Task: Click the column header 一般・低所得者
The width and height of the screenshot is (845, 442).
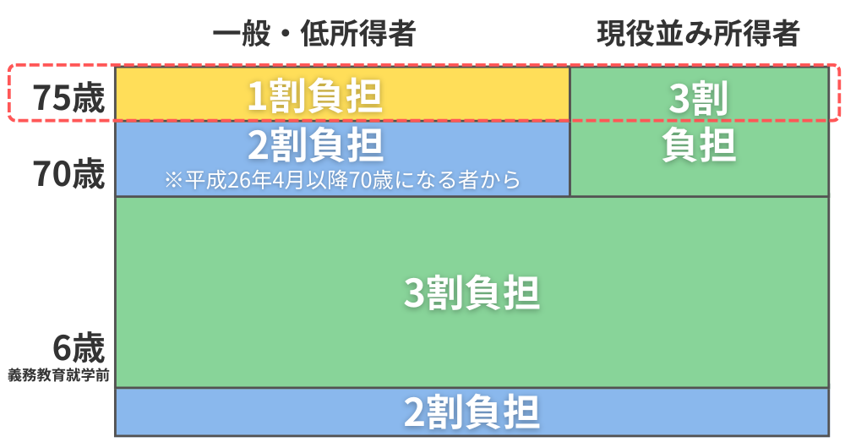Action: coord(314,34)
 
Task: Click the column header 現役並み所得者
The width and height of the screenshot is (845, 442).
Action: coord(699,34)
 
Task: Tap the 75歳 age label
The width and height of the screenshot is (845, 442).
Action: coord(68,98)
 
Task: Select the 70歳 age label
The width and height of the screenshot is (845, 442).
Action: coord(68,173)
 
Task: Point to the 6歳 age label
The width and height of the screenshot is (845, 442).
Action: coord(79,348)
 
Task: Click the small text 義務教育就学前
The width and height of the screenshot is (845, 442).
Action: coord(59,375)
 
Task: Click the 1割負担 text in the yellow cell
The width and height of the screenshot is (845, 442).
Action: coord(315,96)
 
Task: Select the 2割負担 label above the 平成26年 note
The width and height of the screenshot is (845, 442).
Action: coord(315,145)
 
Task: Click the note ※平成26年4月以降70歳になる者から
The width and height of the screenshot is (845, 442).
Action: coord(343,180)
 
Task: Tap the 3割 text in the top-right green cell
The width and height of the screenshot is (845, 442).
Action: coord(699,98)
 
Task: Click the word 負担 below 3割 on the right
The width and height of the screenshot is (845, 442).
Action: coord(699,145)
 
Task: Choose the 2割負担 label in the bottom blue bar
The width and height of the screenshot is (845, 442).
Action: coord(472,412)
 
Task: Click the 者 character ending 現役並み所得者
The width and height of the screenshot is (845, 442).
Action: coord(786,34)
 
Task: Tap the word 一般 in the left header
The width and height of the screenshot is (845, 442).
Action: coord(242,34)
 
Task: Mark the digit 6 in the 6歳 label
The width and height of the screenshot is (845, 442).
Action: coord(63,349)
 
